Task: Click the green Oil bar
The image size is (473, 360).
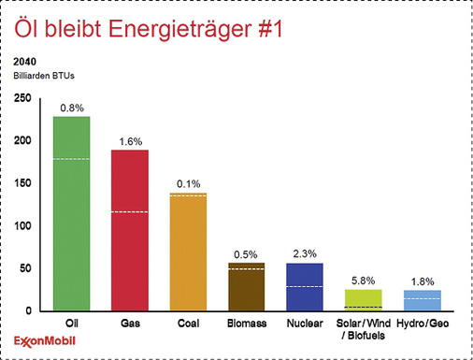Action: pyautogui.click(x=71, y=214)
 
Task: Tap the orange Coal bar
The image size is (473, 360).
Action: pyautogui.click(x=188, y=252)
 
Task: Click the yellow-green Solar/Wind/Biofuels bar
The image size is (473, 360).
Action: pyautogui.click(x=363, y=300)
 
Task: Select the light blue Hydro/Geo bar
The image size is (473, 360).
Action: pyautogui.click(x=422, y=301)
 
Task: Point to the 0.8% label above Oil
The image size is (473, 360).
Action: pyautogui.click(x=71, y=108)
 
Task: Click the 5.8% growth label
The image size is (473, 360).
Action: pyautogui.click(x=363, y=280)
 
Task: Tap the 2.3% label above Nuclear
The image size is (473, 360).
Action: pyautogui.click(x=305, y=253)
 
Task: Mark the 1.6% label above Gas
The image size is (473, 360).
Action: pyautogui.click(x=130, y=141)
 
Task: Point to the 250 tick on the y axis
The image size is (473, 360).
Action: pyautogui.click(x=21, y=98)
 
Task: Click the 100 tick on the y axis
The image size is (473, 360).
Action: pyautogui.click(x=21, y=226)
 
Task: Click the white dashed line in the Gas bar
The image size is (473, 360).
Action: pyautogui.click(x=130, y=212)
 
